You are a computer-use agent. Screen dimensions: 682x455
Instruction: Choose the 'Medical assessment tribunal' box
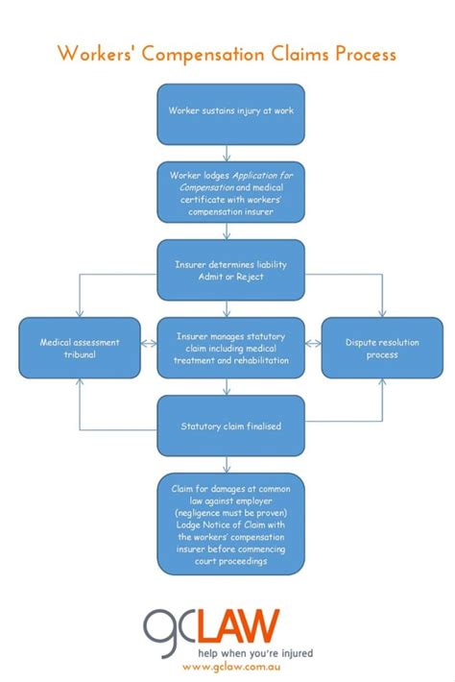pos(81,348)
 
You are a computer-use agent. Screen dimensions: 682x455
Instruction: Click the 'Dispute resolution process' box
pos(381,348)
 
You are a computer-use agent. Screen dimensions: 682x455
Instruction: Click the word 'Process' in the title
pos(365,54)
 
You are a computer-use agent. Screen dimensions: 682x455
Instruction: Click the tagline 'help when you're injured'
pos(255,653)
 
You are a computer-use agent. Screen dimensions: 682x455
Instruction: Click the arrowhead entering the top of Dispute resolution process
pos(381,313)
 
